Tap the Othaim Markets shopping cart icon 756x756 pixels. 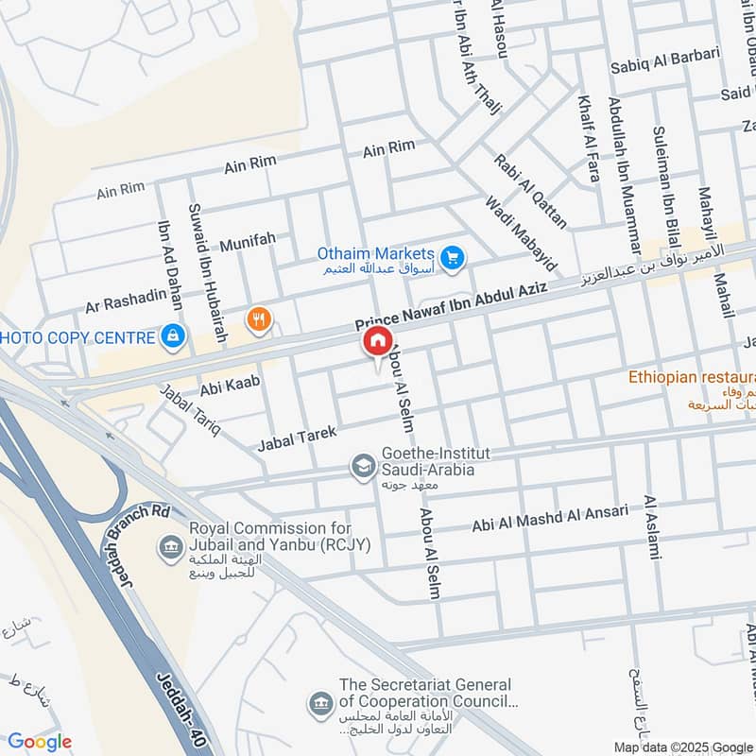(453, 256)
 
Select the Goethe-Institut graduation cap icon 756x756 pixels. (362, 467)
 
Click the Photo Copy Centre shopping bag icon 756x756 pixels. (172, 335)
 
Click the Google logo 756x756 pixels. (40, 742)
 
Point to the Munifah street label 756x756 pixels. (248, 242)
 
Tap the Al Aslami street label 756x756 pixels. (650, 526)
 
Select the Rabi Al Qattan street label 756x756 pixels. (530, 191)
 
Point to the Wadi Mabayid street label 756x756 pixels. (519, 234)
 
